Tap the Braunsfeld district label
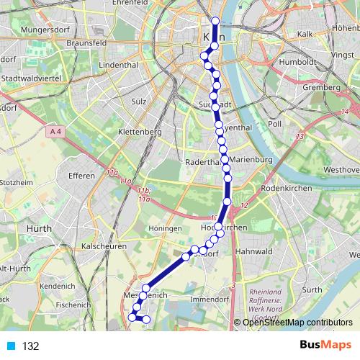[x=108, y=42]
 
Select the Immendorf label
[x=207, y=297]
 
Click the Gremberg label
[x=320, y=87]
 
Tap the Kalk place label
[x=305, y=33]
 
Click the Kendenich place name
[x=58, y=285]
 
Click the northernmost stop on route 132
[x=215, y=20]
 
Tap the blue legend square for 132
[x=11, y=346]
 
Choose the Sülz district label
[x=139, y=102]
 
